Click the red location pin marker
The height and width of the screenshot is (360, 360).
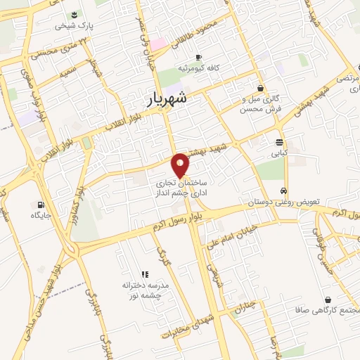[181, 165]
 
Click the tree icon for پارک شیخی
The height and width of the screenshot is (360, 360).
[75, 15]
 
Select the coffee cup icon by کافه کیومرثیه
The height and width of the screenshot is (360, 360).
[199, 57]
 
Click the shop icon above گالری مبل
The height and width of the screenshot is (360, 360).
[262, 88]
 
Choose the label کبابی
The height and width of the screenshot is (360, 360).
[280, 151]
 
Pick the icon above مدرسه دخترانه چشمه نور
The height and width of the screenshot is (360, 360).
[145, 274]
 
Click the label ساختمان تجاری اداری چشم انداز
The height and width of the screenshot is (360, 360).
[180, 186]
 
